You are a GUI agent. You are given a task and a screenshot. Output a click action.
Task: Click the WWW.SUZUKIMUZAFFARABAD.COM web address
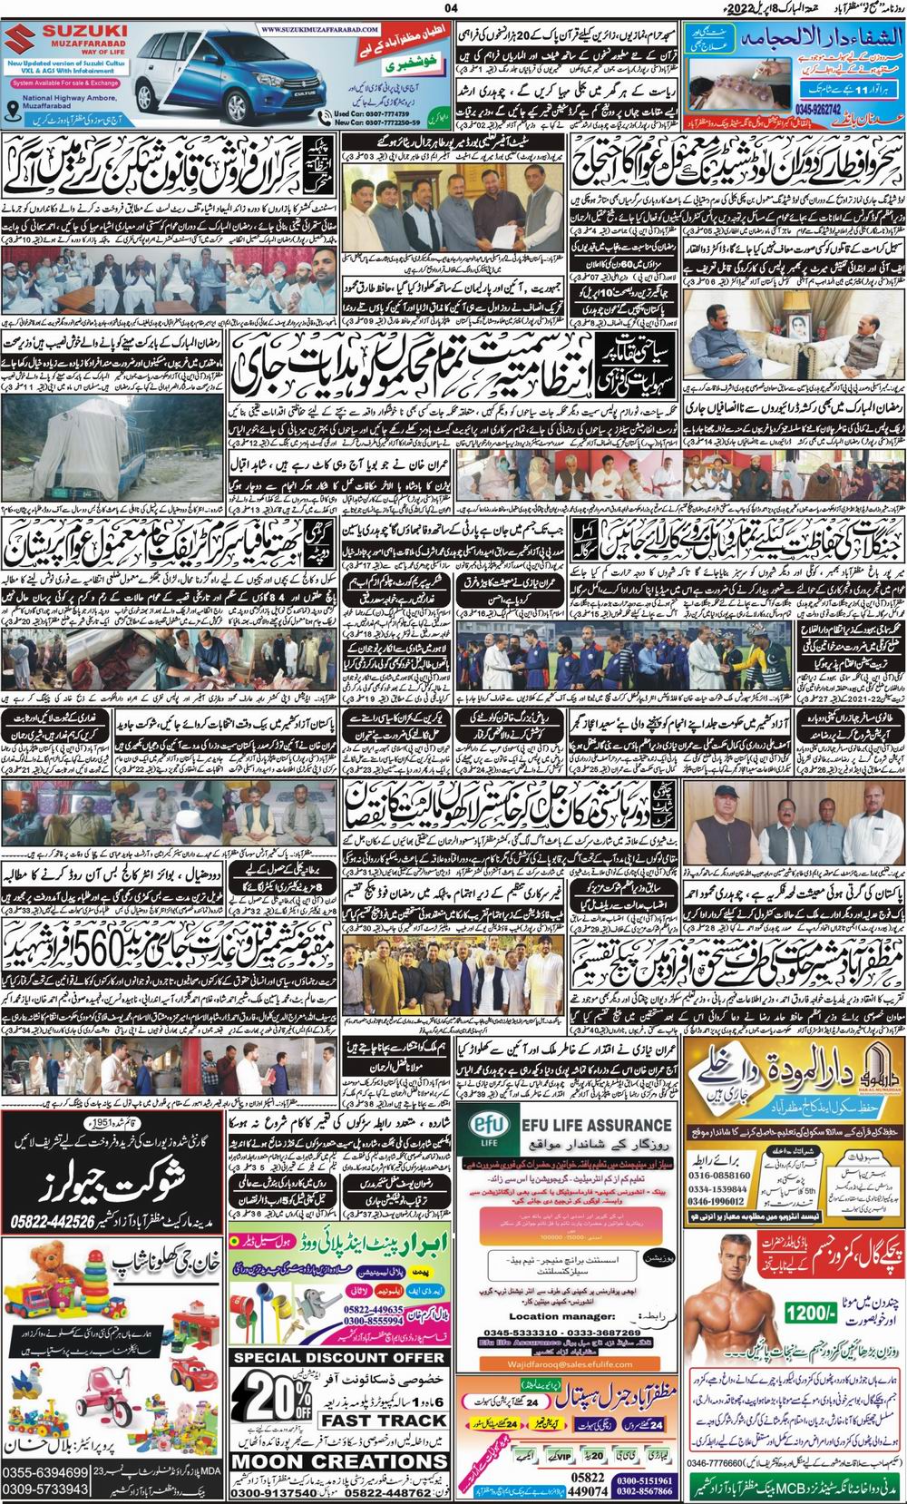(x=299, y=29)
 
